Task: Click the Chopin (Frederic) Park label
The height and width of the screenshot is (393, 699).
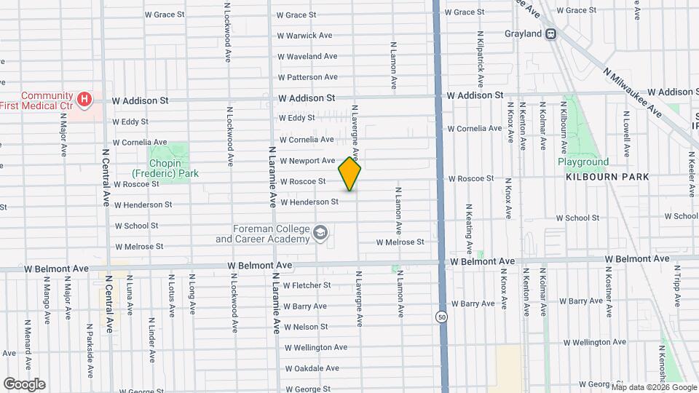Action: pos(165,169)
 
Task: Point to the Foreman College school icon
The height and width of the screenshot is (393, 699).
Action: pos(320,234)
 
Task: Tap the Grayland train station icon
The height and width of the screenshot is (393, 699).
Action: pos(551,33)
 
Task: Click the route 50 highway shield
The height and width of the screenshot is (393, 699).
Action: pos(442,317)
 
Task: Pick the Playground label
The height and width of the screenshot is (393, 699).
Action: pos(582,162)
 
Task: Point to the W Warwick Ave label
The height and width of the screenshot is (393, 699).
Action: pos(304,35)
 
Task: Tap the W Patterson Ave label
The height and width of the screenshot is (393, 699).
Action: pos(307,76)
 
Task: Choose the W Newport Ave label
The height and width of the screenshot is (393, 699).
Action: pos(307,160)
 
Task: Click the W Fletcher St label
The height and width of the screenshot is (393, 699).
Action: pos(307,285)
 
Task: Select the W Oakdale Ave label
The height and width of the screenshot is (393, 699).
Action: pos(312,368)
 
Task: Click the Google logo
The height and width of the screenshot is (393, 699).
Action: pos(24,384)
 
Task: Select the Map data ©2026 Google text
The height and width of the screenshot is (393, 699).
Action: pos(654,387)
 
